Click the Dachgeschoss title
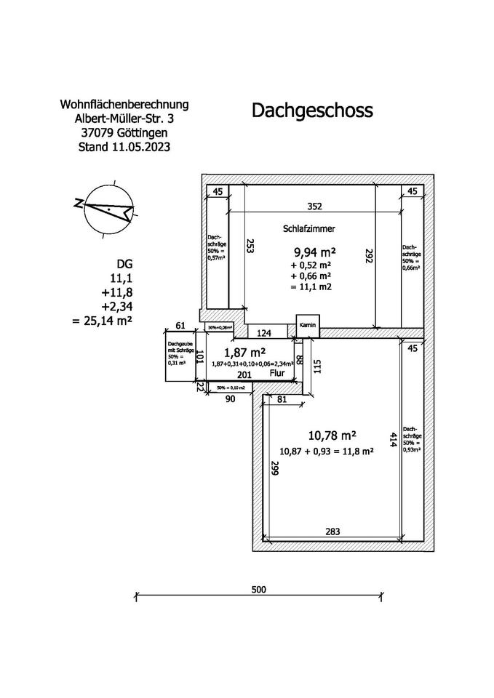click(312, 111)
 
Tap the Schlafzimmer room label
click(308, 228)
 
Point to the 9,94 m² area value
click(314, 252)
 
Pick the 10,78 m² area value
click(332, 436)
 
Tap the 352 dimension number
click(314, 206)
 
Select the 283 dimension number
click(332, 531)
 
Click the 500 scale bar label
click(259, 589)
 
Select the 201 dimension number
click(245, 375)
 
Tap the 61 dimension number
click(182, 326)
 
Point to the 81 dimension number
click(282, 399)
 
